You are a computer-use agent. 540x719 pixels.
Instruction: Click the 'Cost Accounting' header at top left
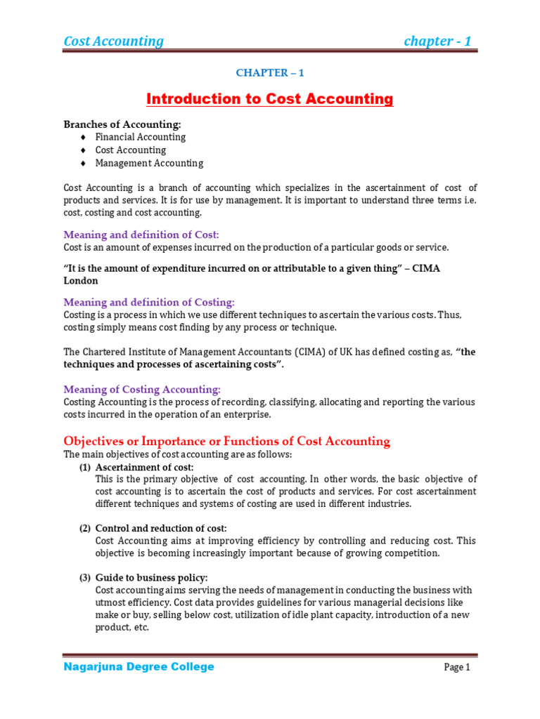pos(113,41)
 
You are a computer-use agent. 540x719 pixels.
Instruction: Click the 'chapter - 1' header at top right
pos(437,41)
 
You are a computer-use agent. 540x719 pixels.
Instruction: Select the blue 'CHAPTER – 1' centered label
pos(269,72)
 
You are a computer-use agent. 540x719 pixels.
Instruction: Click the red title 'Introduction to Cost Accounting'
pos(269,99)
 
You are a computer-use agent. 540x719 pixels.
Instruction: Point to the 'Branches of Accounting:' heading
pos(122,124)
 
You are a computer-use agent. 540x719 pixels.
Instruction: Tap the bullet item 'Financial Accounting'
pos(141,137)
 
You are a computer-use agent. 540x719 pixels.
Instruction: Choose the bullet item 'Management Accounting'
pos(149,163)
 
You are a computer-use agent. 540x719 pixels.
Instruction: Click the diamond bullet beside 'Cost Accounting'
pos(82,150)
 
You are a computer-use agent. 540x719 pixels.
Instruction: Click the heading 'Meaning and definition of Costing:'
pos(150,301)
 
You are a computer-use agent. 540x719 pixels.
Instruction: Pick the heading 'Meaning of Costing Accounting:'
pos(142,389)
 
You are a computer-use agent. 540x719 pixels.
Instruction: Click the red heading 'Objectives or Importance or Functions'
pos(226,441)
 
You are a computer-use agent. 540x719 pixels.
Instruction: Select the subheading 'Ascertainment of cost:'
pos(144,467)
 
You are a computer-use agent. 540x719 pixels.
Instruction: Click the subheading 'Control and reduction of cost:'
pos(161,528)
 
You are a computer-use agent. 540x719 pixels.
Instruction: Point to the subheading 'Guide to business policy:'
pos(151,577)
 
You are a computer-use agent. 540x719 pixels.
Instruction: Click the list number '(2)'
pos(84,528)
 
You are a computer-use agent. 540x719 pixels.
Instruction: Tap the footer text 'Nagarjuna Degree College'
pos(139,667)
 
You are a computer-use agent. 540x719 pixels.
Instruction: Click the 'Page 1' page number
pos(457,668)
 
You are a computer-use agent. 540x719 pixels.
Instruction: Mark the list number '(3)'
pos(84,577)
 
